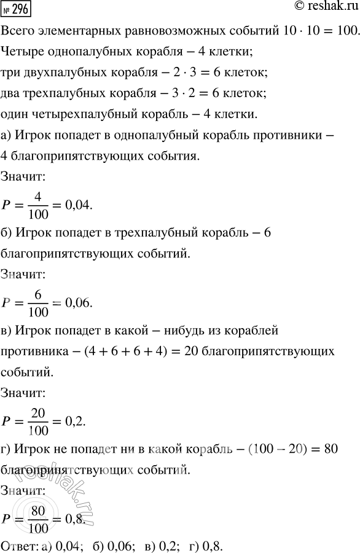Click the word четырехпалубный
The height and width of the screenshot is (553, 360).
92,115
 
